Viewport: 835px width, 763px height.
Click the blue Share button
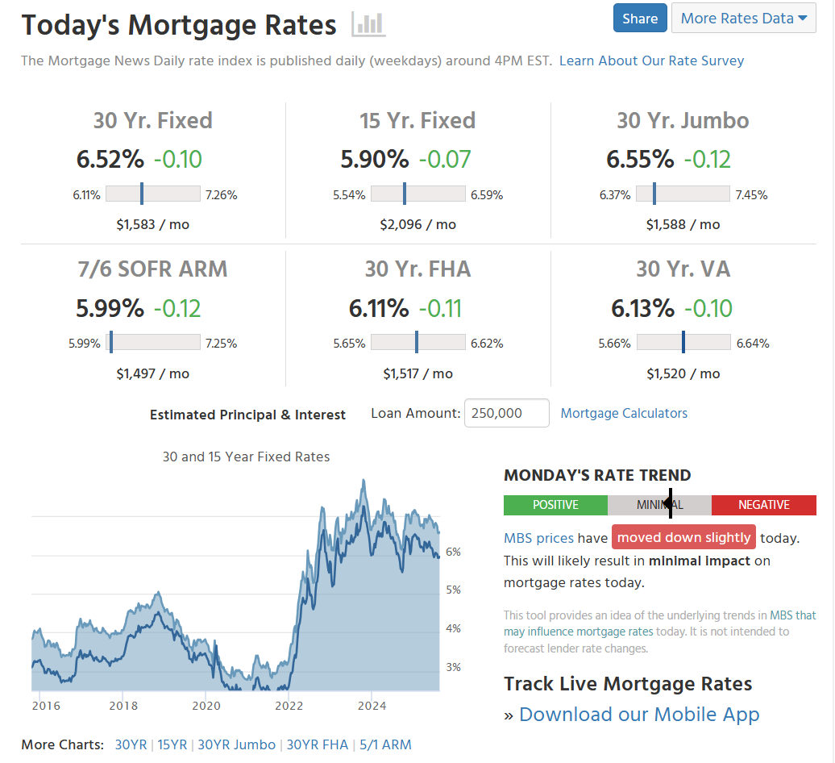[640, 18]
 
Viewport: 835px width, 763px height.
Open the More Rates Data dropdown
[743, 18]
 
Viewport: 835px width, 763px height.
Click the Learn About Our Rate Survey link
[651, 60]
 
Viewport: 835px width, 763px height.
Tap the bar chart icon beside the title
[368, 24]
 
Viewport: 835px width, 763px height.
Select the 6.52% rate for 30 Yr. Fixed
[110, 159]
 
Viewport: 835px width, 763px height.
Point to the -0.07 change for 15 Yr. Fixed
[444, 159]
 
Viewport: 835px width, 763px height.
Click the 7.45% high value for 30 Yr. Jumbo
[751, 194]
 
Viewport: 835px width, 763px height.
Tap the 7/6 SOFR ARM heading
[152, 269]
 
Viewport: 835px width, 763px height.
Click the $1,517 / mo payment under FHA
[417, 373]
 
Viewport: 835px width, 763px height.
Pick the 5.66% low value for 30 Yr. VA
[614, 343]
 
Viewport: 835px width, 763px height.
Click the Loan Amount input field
[506, 413]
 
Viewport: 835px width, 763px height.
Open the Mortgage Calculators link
[624, 413]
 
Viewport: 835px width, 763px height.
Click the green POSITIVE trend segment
[555, 505]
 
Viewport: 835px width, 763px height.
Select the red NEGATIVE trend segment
[763, 505]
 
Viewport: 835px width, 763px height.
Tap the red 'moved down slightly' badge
[683, 537]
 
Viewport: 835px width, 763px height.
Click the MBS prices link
[538, 538]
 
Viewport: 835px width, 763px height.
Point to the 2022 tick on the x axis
[289, 706]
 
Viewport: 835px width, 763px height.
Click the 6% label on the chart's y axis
[453, 552]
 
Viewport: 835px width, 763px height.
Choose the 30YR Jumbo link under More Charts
[236, 744]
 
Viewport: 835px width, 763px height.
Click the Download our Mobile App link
[639, 715]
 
